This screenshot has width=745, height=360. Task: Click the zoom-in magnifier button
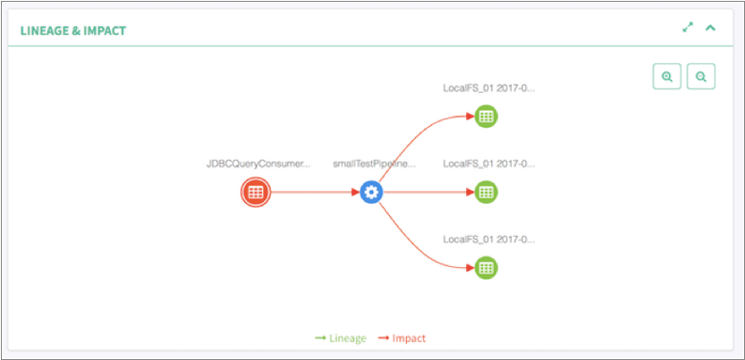(x=667, y=77)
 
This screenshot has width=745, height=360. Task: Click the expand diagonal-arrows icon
(x=688, y=28)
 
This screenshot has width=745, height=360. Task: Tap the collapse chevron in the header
(x=711, y=28)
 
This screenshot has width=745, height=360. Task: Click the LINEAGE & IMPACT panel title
(x=73, y=30)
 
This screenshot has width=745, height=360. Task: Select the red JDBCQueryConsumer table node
(x=255, y=193)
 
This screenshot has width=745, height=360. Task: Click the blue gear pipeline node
(x=372, y=193)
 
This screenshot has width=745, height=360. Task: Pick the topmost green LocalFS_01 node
(x=486, y=117)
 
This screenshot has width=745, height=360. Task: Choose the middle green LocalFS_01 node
(x=486, y=192)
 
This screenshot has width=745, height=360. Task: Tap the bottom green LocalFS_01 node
(x=486, y=267)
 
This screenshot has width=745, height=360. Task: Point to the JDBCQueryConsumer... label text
(x=258, y=164)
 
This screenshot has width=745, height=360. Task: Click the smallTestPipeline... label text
(x=374, y=164)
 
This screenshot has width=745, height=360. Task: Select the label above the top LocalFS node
(x=489, y=88)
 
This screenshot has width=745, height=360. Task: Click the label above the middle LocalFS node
(x=489, y=164)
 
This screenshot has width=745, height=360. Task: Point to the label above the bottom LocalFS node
(x=489, y=239)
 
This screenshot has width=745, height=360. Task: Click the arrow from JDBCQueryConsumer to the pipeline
(x=315, y=193)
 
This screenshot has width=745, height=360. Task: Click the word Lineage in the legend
(x=347, y=338)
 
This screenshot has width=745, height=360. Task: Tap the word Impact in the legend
(x=409, y=338)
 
